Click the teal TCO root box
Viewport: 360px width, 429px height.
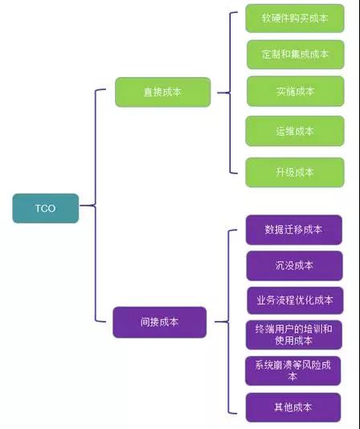coord(46,208)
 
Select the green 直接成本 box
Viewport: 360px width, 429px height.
coord(162,92)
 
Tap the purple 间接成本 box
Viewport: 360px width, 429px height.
coord(160,322)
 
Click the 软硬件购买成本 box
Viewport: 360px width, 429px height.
coord(295,18)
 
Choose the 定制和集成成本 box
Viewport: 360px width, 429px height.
coord(295,54)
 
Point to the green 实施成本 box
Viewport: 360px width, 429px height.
coord(295,91)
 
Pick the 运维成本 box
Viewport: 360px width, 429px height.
coord(295,131)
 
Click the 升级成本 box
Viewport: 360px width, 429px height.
coord(295,173)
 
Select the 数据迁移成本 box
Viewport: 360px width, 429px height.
coord(293,230)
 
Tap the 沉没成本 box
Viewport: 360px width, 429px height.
coord(294,265)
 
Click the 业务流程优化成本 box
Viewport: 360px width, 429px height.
coord(295,300)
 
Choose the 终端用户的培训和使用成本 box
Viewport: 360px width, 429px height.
coord(294,335)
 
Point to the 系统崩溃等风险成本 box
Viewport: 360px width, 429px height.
coord(293,370)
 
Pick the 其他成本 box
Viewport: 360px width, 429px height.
coord(293,407)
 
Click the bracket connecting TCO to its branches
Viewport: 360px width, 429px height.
coord(95,205)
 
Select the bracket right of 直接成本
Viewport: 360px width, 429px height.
coord(230,92)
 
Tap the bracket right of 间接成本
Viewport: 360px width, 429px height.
coord(228,321)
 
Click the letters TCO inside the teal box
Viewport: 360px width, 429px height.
coord(46,209)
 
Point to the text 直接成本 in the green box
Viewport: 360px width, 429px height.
coord(162,92)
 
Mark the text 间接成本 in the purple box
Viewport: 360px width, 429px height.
coord(160,322)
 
